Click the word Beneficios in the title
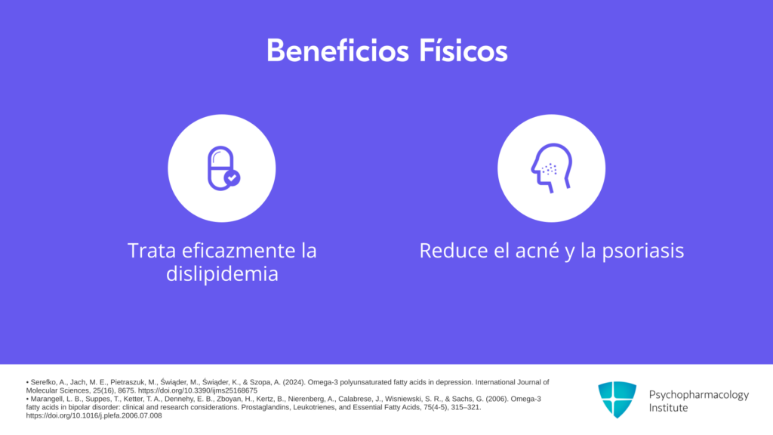pos(337,51)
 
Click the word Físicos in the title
pos(463,51)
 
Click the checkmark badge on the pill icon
pos(233,177)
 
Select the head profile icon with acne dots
pos(551,168)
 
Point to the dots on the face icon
pos(550,170)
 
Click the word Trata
pos(152,251)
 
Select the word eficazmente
pos(239,251)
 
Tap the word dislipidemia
pos(222,273)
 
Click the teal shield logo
pos(617,400)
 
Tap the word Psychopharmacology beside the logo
pos(698,395)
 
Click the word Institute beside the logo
pos(668,408)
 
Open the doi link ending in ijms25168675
pos(198,390)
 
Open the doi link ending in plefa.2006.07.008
pos(94,416)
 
